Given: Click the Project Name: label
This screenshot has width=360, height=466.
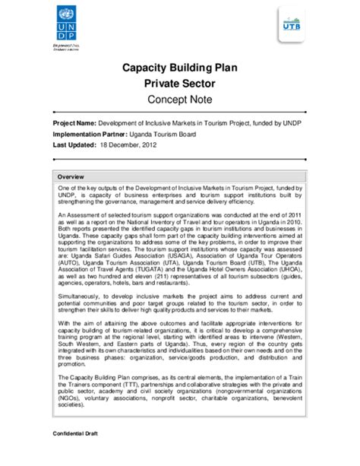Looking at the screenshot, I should (x=74, y=123).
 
